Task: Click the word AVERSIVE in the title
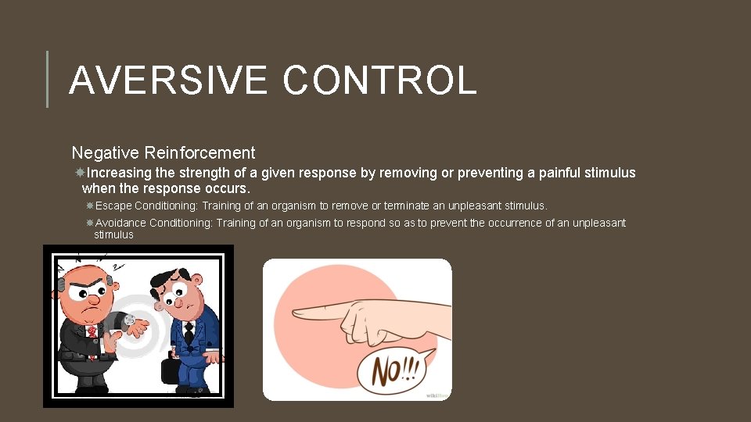[x=168, y=80]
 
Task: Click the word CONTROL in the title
[x=379, y=80]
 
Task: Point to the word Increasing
[x=121, y=173]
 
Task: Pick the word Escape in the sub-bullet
[x=113, y=206]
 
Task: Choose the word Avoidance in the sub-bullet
[x=120, y=224]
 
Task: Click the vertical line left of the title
[x=48, y=79]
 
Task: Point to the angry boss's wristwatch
[x=128, y=319]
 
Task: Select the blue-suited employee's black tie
[x=189, y=333]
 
